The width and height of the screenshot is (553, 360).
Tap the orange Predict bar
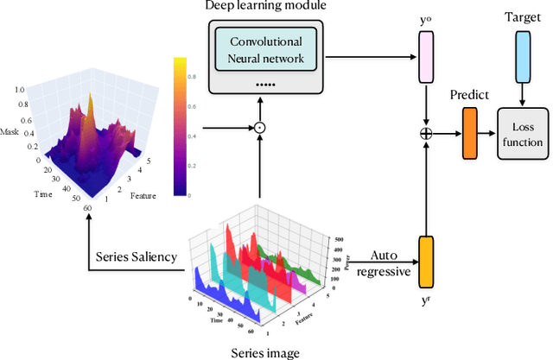[x=469, y=134]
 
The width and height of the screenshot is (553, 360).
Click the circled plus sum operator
[x=425, y=134]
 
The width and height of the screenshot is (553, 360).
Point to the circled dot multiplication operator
[x=258, y=128]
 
